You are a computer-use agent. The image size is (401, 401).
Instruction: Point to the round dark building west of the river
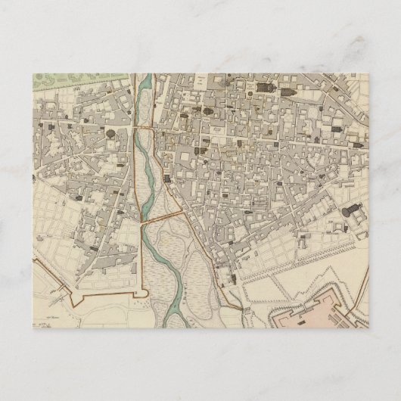(x=110, y=134)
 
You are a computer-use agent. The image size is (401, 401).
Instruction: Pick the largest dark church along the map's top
(x=266, y=89)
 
